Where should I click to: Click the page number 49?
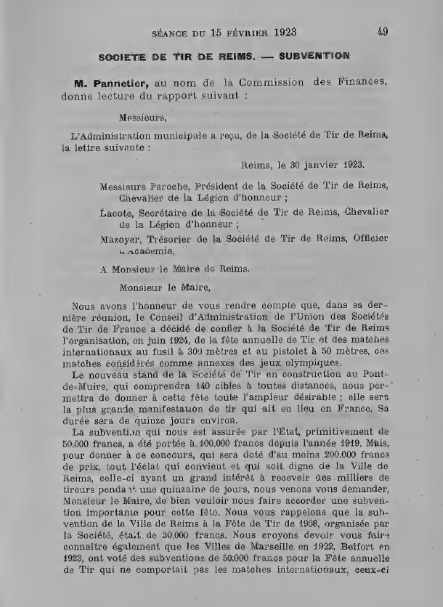tap(383, 31)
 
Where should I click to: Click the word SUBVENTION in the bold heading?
tap(315, 55)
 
